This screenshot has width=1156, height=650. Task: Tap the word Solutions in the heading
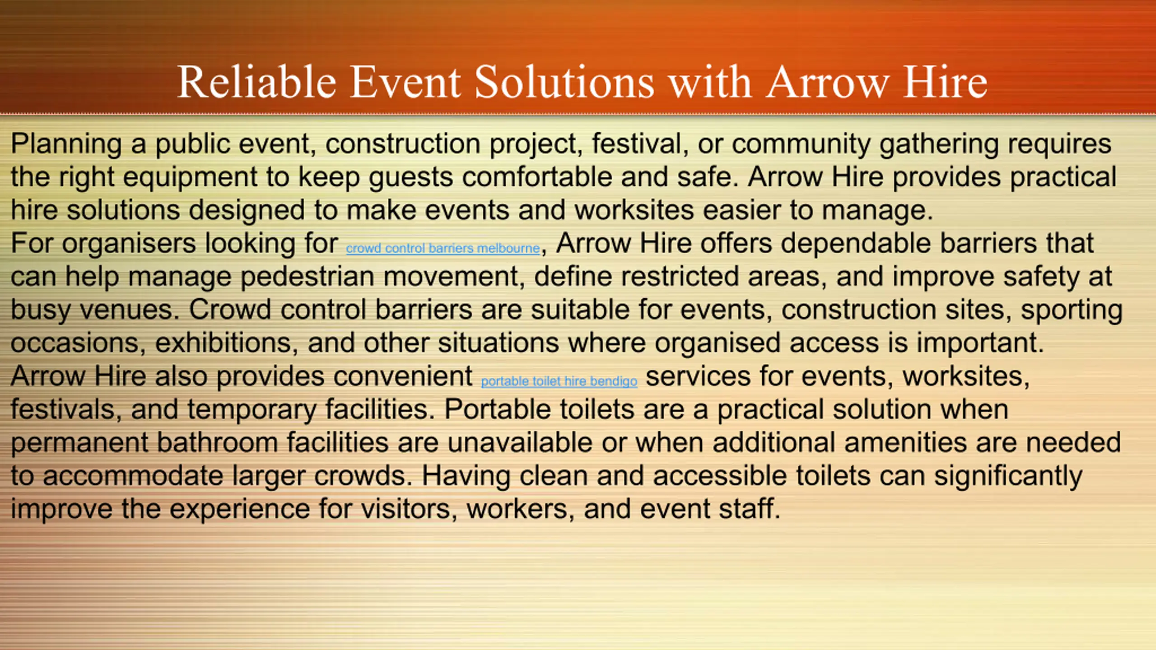[564, 81]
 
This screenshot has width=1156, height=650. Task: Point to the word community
[801, 144]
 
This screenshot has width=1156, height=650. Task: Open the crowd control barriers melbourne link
[443, 248]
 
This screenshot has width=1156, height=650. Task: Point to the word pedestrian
[308, 277]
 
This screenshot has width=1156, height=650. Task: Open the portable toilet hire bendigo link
[559, 381]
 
